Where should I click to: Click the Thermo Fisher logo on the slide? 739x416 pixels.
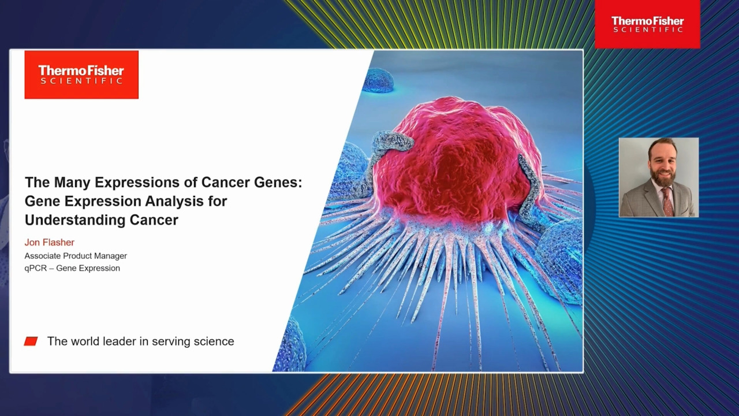81,75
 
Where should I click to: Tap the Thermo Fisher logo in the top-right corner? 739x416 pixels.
647,24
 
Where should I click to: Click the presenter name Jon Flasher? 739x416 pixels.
50,242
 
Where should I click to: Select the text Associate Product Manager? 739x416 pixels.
76,256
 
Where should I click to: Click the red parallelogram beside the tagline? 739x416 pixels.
31,341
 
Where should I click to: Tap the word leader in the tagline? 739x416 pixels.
119,341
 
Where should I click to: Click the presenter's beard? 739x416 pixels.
662,177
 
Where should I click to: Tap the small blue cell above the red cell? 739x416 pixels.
378,80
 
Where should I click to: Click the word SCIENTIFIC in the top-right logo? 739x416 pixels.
648,29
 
